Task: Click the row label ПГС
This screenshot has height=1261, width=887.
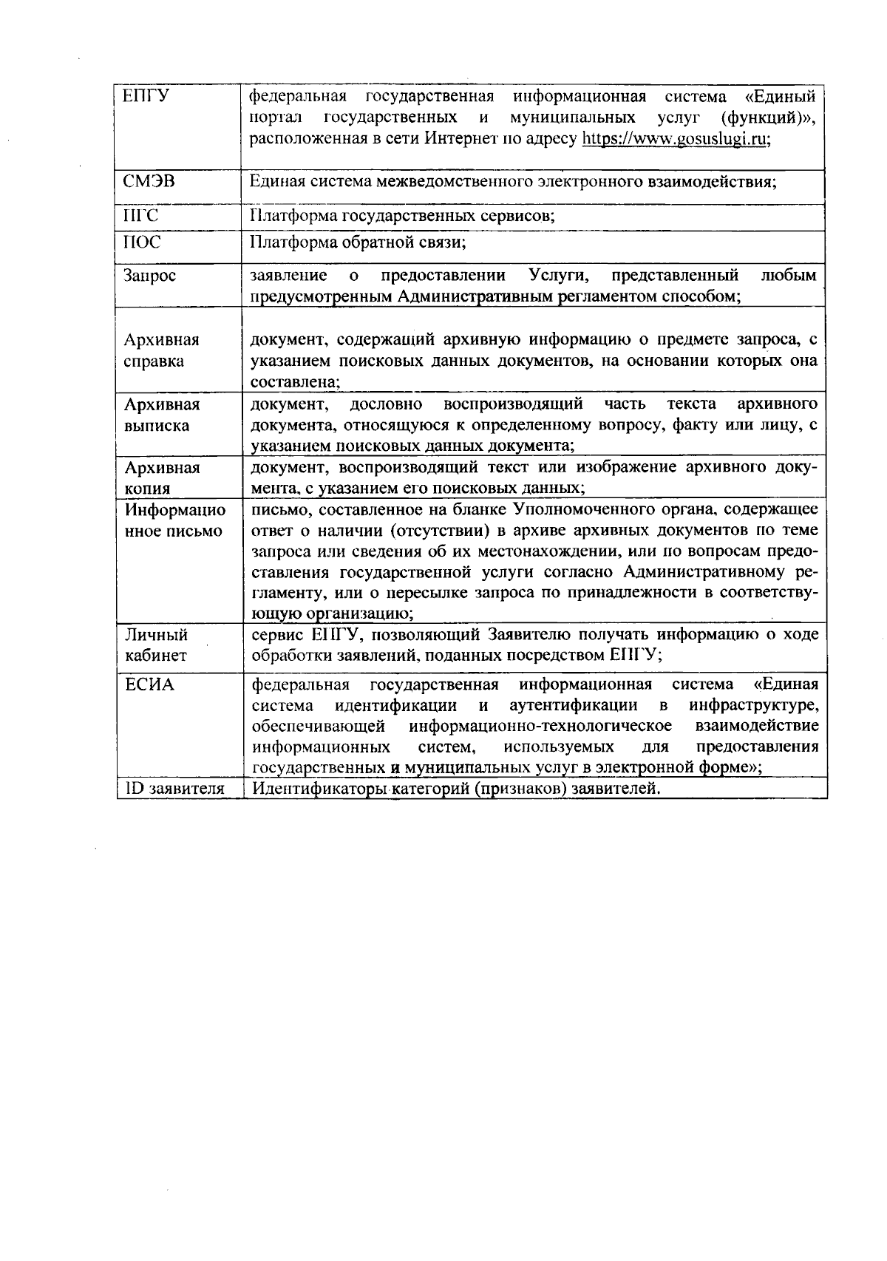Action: [140, 216]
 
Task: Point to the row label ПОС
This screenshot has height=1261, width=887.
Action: [142, 242]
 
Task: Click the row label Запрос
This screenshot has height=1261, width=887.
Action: [150, 276]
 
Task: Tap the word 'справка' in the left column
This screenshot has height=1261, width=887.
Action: [154, 361]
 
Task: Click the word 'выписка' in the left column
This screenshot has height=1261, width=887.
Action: [157, 426]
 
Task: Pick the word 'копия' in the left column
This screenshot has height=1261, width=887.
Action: [147, 489]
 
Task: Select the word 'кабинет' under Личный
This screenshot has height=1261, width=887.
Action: [156, 656]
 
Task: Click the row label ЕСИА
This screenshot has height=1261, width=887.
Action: [149, 684]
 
